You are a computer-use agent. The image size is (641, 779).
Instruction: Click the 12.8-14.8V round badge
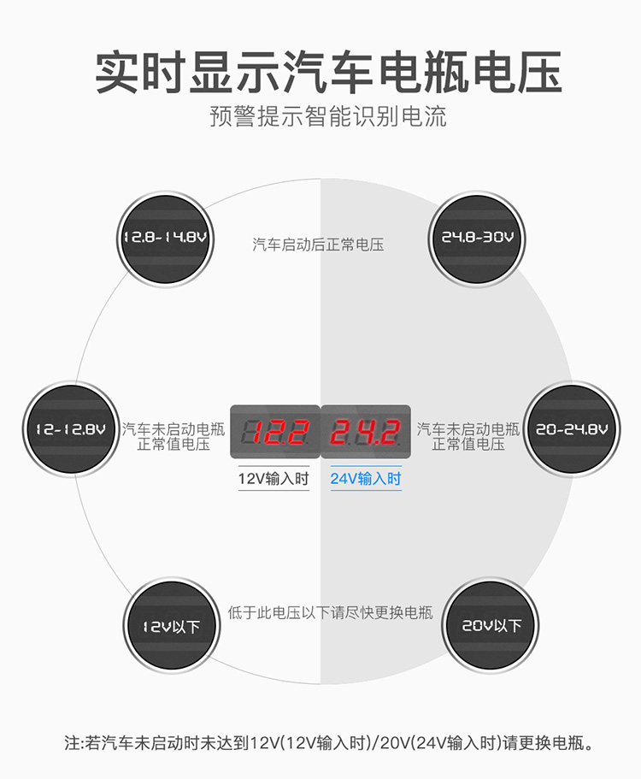pyautogui.click(x=165, y=237)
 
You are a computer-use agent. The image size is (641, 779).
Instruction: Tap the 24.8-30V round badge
pyautogui.click(x=477, y=237)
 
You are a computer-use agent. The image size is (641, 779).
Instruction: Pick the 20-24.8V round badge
pyautogui.click(x=572, y=428)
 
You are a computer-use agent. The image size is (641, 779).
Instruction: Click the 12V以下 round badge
pyautogui.click(x=172, y=626)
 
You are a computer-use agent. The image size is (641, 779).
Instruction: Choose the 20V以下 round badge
pyautogui.click(x=491, y=626)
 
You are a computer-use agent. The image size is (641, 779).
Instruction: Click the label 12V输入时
pyautogui.click(x=273, y=479)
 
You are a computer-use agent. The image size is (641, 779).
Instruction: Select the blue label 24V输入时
pyautogui.click(x=366, y=479)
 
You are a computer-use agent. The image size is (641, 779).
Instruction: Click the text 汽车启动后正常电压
pyautogui.click(x=318, y=245)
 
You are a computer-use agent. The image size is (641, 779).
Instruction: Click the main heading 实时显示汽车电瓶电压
pyautogui.click(x=328, y=72)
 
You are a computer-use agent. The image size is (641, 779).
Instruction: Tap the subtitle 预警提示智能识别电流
pyautogui.click(x=328, y=117)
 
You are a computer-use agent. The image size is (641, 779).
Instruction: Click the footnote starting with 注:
pyautogui.click(x=328, y=742)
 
